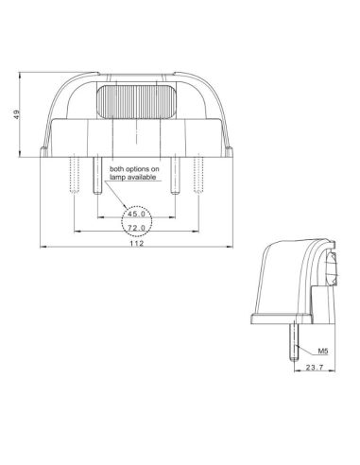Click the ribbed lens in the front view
138,102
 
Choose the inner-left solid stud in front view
96,176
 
